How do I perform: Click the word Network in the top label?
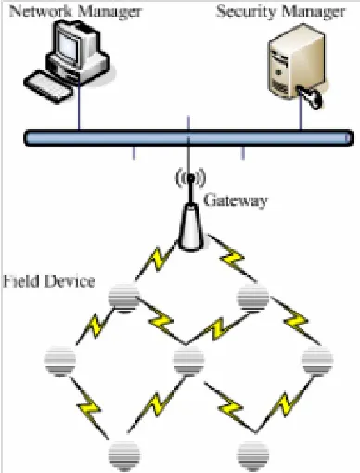41,11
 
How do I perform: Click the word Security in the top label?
246,11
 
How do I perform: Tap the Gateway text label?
236,200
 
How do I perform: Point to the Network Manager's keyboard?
48,87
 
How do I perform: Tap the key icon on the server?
310,96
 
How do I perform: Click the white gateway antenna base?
191,227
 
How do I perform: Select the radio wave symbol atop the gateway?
190,178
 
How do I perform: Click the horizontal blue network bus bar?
188,137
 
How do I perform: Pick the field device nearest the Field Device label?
123,299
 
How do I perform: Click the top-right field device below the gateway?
252,298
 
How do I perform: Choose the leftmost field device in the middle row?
59,361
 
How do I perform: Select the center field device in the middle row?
188,361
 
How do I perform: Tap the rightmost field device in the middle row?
317,361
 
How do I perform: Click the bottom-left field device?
124,456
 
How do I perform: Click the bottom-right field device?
253,456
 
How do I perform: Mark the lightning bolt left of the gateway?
159,259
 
